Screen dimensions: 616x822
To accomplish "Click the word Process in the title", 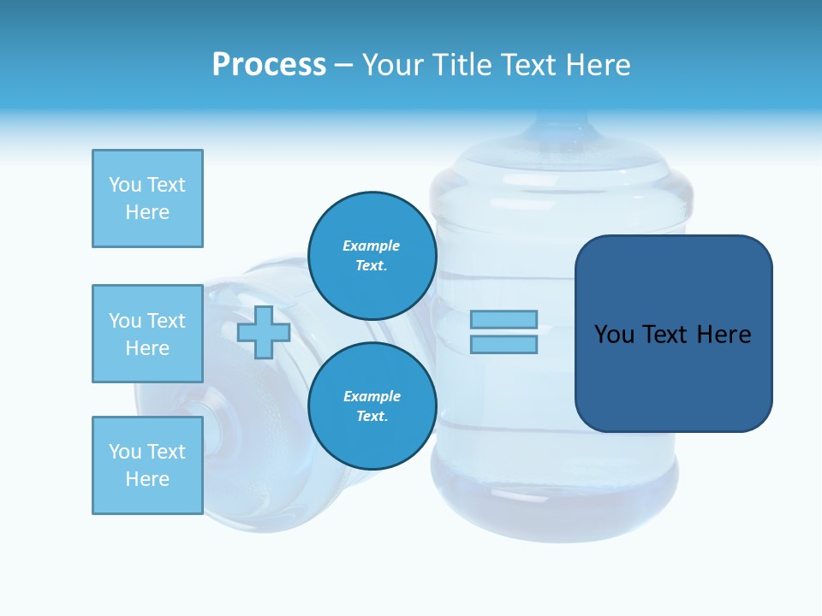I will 269,65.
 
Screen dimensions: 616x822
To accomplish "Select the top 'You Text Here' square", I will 147,198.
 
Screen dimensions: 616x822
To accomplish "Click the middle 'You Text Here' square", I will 147,334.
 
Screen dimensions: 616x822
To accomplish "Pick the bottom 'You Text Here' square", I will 147,465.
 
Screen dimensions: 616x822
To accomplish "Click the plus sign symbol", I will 264,332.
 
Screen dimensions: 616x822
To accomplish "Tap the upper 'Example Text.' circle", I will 372,255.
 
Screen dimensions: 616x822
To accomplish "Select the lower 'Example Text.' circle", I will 372,406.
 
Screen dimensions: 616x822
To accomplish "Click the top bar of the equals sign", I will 503,319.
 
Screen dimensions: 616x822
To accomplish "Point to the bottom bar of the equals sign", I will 503,344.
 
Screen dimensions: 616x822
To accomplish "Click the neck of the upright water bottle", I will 557,128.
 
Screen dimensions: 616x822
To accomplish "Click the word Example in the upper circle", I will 372,246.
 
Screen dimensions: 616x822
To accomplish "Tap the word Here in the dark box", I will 724,335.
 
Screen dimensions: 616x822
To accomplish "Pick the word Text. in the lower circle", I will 372,416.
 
